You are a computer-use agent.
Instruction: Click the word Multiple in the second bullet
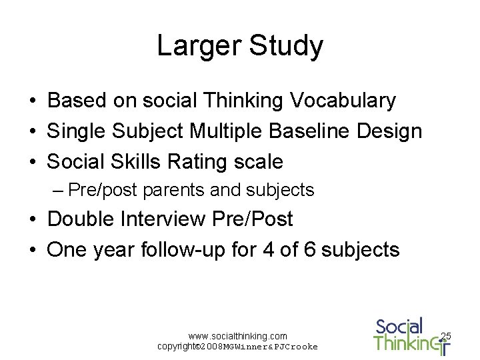227,131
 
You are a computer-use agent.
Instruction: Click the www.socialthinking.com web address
237,336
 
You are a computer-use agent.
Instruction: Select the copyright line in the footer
237,347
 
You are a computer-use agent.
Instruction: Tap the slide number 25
446,335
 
